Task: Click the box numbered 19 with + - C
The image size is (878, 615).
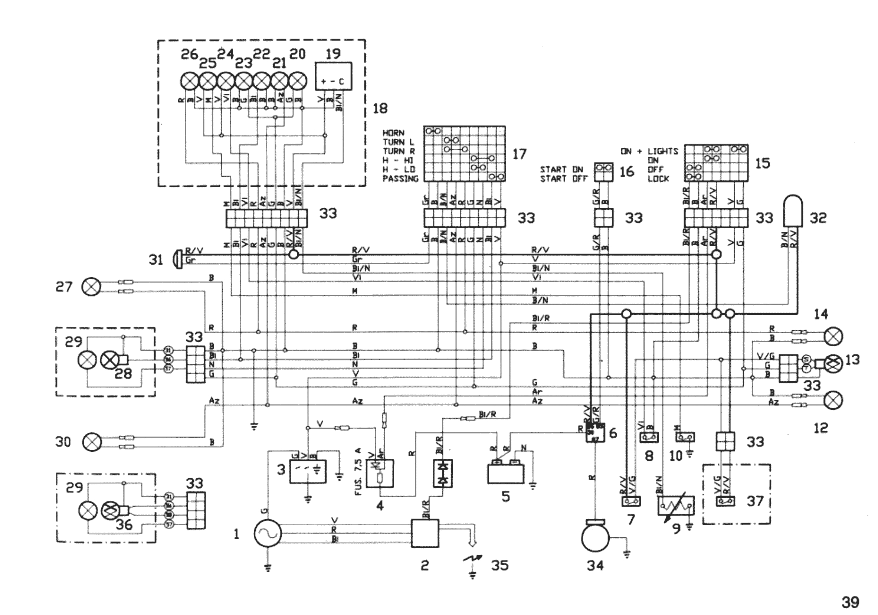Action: point(333,76)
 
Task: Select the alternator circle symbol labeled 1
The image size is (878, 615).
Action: point(267,533)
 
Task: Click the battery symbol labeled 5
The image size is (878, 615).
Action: point(505,473)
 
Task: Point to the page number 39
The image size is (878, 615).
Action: point(850,603)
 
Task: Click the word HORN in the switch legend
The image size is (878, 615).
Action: point(393,133)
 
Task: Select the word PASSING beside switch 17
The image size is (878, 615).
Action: point(400,179)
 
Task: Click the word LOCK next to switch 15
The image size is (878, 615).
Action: point(658,179)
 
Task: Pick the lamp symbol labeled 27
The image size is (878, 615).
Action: point(91,287)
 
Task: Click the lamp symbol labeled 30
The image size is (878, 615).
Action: point(92,442)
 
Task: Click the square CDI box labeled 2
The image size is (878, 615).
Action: point(425,533)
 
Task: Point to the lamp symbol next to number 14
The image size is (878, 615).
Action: point(833,337)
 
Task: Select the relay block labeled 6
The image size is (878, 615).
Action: point(595,432)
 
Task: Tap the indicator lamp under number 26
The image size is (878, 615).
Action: point(189,81)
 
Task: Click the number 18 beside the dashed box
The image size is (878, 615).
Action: point(380,109)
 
